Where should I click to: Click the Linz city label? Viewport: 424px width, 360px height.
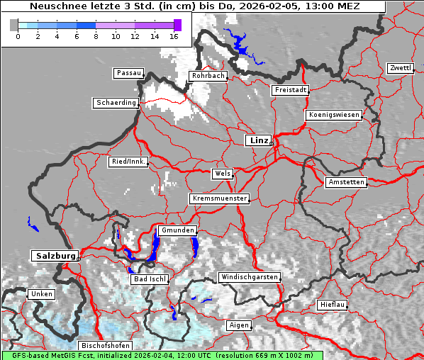point(259,140)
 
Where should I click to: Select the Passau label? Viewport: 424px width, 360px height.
point(128,73)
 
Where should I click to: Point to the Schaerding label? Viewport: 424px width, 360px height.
point(116,103)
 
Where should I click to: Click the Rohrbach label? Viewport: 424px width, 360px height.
point(208,76)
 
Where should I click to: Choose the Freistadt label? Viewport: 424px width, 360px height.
point(290,90)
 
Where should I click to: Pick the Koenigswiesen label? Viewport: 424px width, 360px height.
point(334,115)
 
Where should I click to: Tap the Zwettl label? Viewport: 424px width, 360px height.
point(400,68)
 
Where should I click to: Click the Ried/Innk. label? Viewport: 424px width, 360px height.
point(128,162)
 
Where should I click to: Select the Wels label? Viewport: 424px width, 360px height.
point(222,174)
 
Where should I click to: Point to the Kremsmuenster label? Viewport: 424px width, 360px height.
point(220,198)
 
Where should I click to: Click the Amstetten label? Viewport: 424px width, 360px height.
point(346,182)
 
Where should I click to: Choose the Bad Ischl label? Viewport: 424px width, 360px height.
point(150,279)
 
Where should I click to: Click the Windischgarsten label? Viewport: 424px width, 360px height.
point(249,276)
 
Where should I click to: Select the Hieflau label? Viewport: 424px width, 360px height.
point(333,305)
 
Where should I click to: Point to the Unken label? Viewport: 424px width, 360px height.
point(42,293)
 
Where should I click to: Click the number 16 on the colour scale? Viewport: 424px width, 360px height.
point(174,36)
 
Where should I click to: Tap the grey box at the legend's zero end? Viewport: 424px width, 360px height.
point(14,25)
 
